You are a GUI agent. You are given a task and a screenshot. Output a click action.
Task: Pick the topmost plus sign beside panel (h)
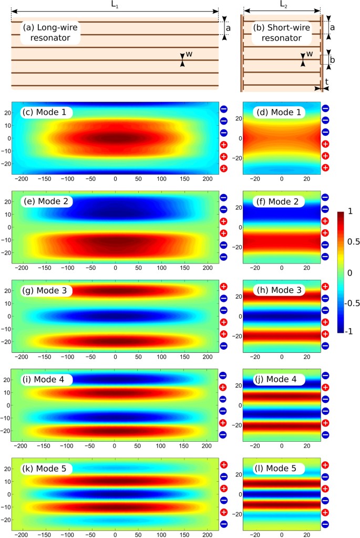point(325,287)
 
